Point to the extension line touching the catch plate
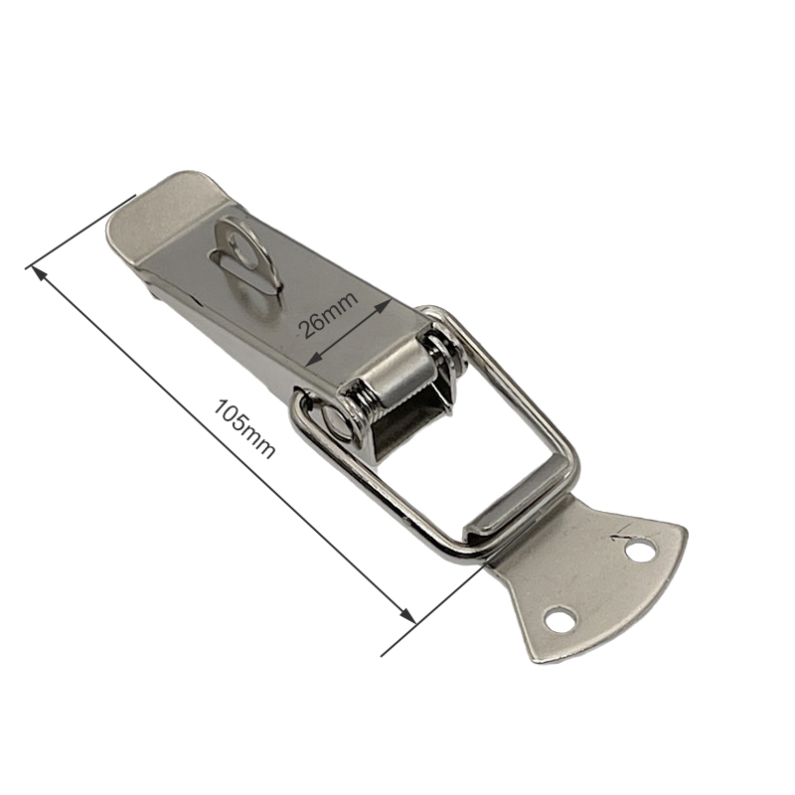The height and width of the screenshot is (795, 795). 437,606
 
